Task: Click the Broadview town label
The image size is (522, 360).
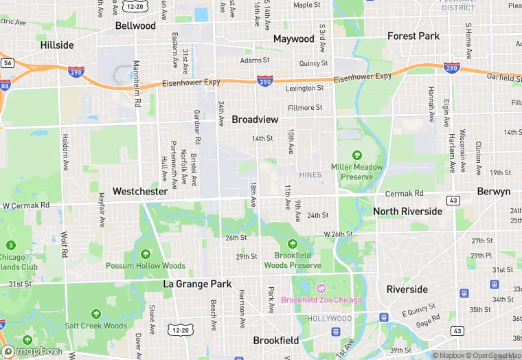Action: point(255,120)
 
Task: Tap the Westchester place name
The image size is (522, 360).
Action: point(140,191)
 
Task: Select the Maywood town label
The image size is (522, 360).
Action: point(293,38)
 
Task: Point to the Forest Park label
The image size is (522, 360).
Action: point(413,36)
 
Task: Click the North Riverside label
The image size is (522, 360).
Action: point(408,212)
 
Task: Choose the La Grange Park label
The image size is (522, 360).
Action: point(197,284)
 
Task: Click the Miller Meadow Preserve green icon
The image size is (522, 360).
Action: point(356,155)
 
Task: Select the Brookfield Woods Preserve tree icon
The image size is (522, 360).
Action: point(293,244)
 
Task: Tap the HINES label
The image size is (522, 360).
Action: point(310,175)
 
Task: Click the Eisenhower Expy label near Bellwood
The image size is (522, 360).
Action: point(192,82)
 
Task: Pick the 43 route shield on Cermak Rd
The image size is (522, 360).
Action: point(453,199)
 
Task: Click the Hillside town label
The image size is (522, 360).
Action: point(57,45)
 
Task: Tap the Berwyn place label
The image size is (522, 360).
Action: point(493,192)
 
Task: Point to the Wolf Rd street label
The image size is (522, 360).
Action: point(64,244)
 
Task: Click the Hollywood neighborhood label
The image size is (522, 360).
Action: point(329,319)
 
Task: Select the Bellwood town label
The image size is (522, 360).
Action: point(135,25)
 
